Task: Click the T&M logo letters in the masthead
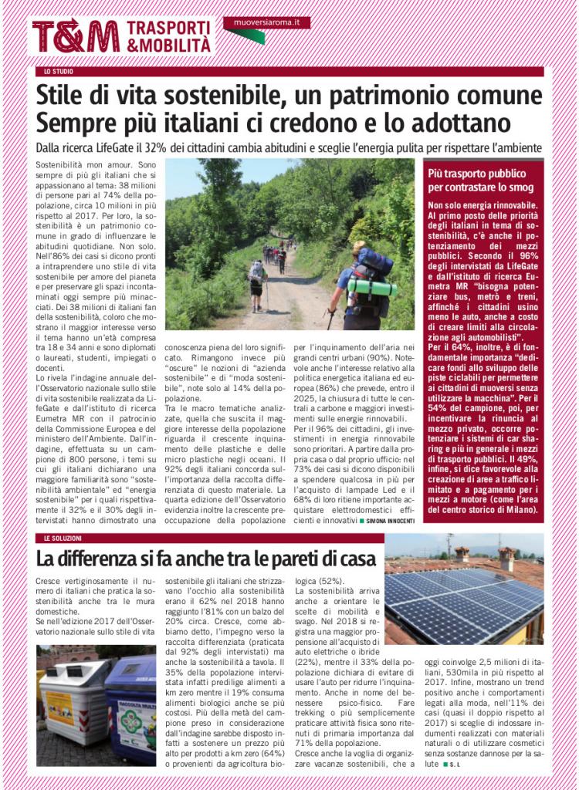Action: [x=75, y=35]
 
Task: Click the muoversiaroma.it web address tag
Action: [x=266, y=23]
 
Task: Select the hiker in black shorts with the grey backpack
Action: [x=256, y=279]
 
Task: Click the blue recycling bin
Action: [x=133, y=706]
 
